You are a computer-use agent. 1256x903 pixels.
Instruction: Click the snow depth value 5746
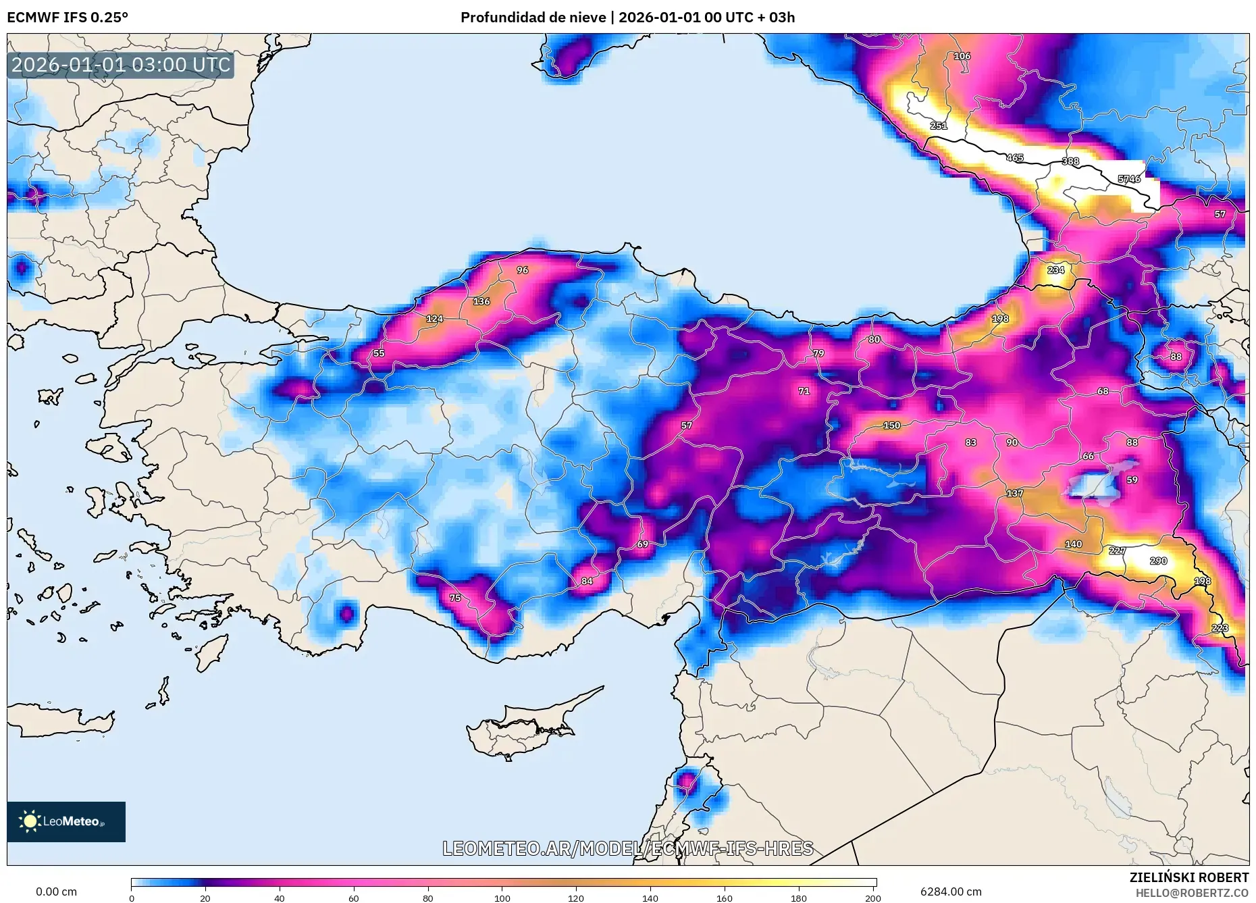[x=1129, y=179]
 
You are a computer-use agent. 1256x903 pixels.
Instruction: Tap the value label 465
[x=1015, y=158]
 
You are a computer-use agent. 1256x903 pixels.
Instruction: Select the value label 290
[x=1158, y=561]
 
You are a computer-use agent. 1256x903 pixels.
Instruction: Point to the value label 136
[x=481, y=302]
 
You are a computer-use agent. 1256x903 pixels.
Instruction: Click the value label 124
[x=435, y=319]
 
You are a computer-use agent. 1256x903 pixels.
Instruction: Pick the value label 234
[x=1055, y=270]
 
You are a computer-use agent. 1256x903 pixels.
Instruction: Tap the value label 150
[x=891, y=425]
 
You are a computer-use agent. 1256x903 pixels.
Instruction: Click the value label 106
[x=962, y=56]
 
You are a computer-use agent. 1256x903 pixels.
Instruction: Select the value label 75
[x=455, y=598]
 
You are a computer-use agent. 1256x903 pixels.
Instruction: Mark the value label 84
[x=587, y=581]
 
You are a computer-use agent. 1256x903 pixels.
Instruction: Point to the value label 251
[x=939, y=126]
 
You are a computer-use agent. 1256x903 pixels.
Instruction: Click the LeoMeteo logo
[x=66, y=821]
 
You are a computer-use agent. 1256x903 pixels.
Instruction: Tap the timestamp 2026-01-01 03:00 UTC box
[x=121, y=65]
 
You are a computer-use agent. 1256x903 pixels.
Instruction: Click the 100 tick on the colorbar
[x=502, y=891]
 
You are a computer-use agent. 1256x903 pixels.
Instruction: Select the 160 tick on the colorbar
[x=725, y=891]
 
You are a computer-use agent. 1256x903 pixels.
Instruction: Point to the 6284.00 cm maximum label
[x=951, y=892]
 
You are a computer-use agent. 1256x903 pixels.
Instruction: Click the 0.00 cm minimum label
[x=56, y=892]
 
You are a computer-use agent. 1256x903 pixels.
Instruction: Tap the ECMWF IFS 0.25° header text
[x=68, y=18]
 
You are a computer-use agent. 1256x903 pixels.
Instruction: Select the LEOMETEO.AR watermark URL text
[x=627, y=848]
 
